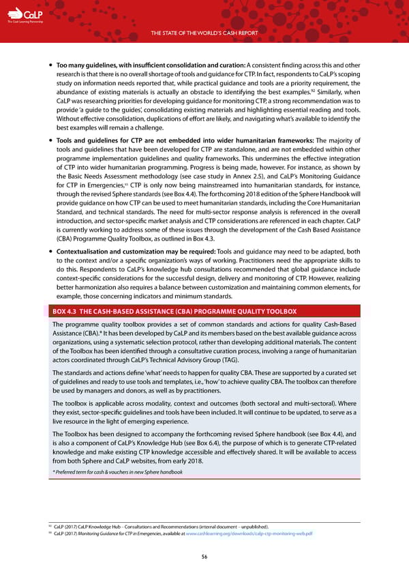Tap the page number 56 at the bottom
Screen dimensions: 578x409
pyautogui.click(x=204, y=556)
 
